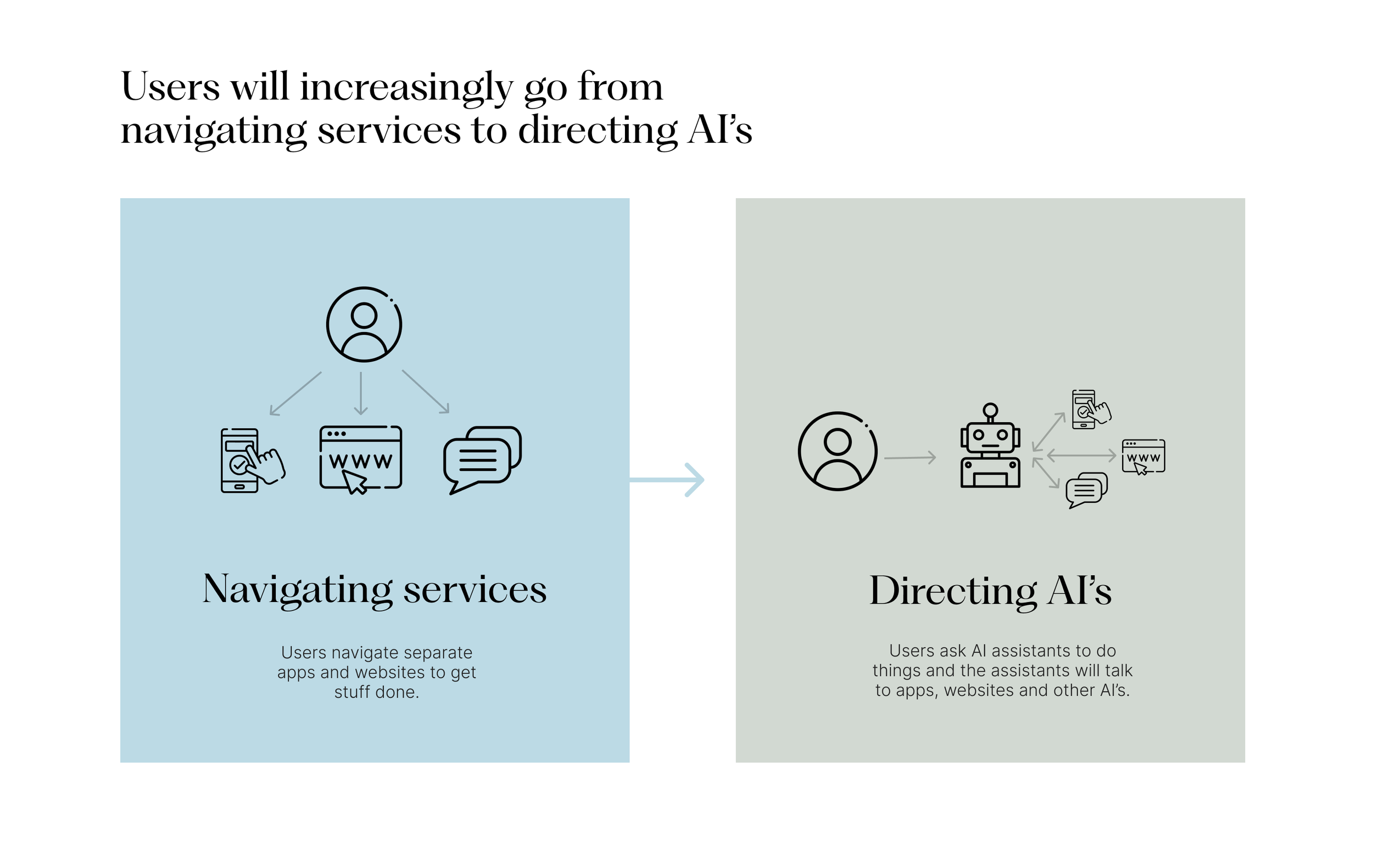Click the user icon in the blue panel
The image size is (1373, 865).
364,324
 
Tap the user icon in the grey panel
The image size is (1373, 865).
837,451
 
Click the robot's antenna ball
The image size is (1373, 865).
990,409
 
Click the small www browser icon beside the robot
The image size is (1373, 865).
1143,457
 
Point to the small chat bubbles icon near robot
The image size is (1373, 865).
1086,490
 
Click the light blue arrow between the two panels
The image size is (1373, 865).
667,480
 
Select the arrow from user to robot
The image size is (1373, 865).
910,458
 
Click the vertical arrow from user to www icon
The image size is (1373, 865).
360,393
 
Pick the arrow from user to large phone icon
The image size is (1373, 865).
295,394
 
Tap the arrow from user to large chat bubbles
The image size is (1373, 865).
426,391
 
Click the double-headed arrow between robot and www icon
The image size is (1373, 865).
1081,454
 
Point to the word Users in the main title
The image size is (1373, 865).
170,87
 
